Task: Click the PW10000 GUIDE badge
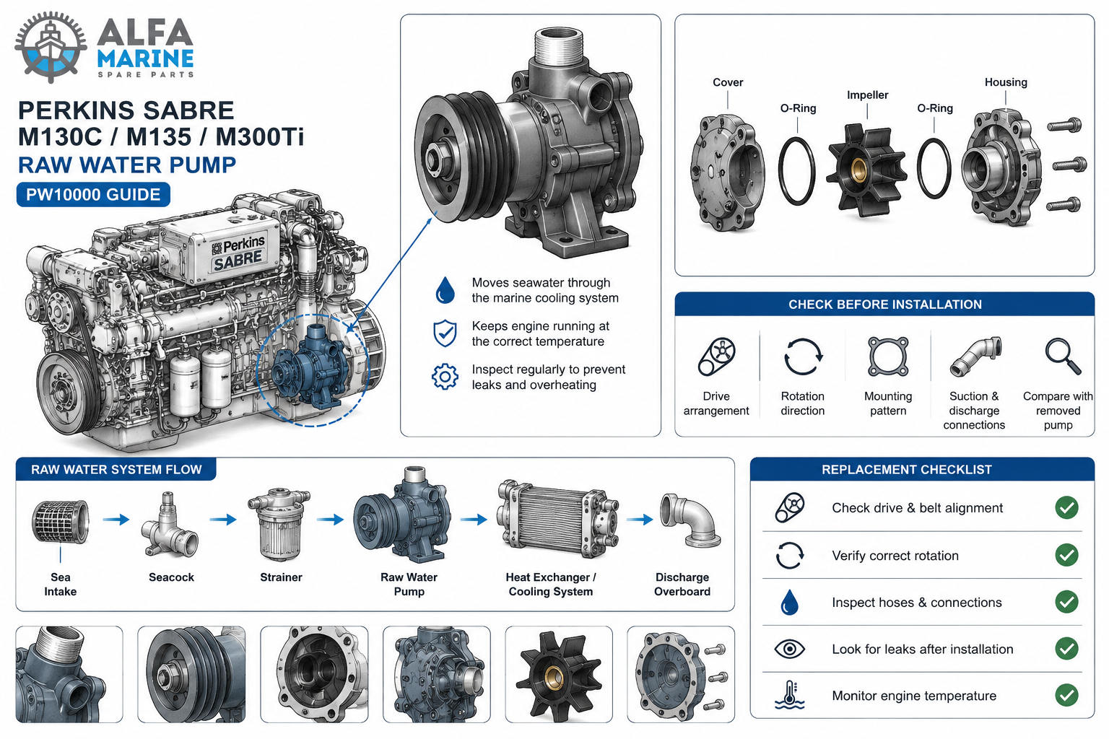point(93,195)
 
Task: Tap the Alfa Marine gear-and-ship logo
point(51,47)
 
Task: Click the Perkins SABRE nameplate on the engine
point(238,253)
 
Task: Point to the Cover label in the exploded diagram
point(728,82)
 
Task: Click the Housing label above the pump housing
point(1006,82)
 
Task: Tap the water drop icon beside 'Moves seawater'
point(445,290)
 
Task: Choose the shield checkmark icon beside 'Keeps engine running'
point(445,333)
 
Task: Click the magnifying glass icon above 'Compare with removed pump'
point(1063,356)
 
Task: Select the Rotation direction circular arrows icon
point(803,357)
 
